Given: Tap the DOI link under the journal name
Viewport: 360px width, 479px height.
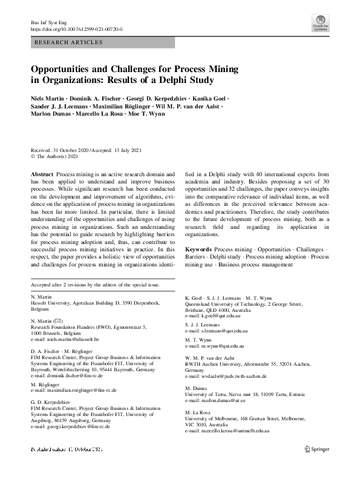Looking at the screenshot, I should point(77,28).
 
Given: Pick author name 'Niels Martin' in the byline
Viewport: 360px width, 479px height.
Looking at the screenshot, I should point(49,98).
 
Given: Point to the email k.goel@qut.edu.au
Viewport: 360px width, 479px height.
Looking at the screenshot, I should point(219,316).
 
